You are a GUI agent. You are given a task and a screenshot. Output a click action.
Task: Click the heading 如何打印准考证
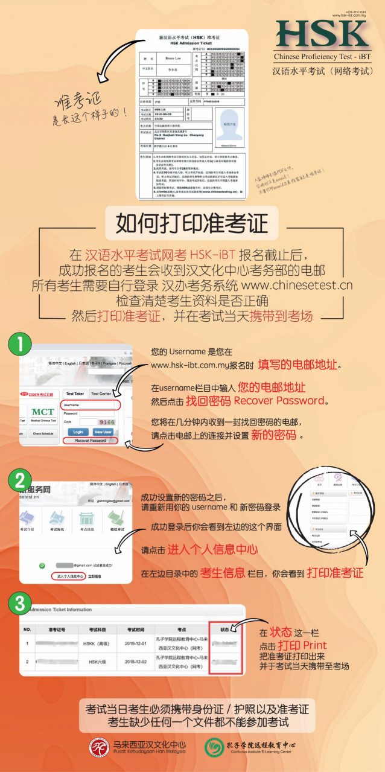[x=192, y=224]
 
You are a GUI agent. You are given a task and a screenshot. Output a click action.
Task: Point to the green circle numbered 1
[x=20, y=345]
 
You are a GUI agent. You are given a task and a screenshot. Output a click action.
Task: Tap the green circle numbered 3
[x=20, y=602]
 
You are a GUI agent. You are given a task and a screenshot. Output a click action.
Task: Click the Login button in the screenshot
[x=78, y=432]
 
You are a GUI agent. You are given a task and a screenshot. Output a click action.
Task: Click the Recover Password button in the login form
[x=91, y=441]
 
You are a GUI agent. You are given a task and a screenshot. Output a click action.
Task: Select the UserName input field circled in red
[x=91, y=405]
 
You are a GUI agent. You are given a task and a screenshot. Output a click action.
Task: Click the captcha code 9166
[x=106, y=422]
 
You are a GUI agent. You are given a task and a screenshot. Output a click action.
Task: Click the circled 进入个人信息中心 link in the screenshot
[x=67, y=576]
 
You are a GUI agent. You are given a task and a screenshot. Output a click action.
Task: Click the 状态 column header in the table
[x=224, y=629]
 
